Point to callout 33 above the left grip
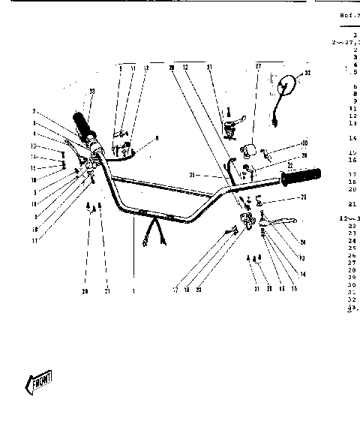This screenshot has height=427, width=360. tap(92, 92)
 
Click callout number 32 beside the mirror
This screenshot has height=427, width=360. tap(306, 74)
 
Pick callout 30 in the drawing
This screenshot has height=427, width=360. tap(304, 143)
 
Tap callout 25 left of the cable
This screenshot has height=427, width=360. tap(192, 175)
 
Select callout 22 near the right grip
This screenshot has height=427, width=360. tap(289, 165)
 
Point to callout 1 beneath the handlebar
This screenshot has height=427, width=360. tap(133, 290)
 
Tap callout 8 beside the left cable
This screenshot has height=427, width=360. tap(157, 138)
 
